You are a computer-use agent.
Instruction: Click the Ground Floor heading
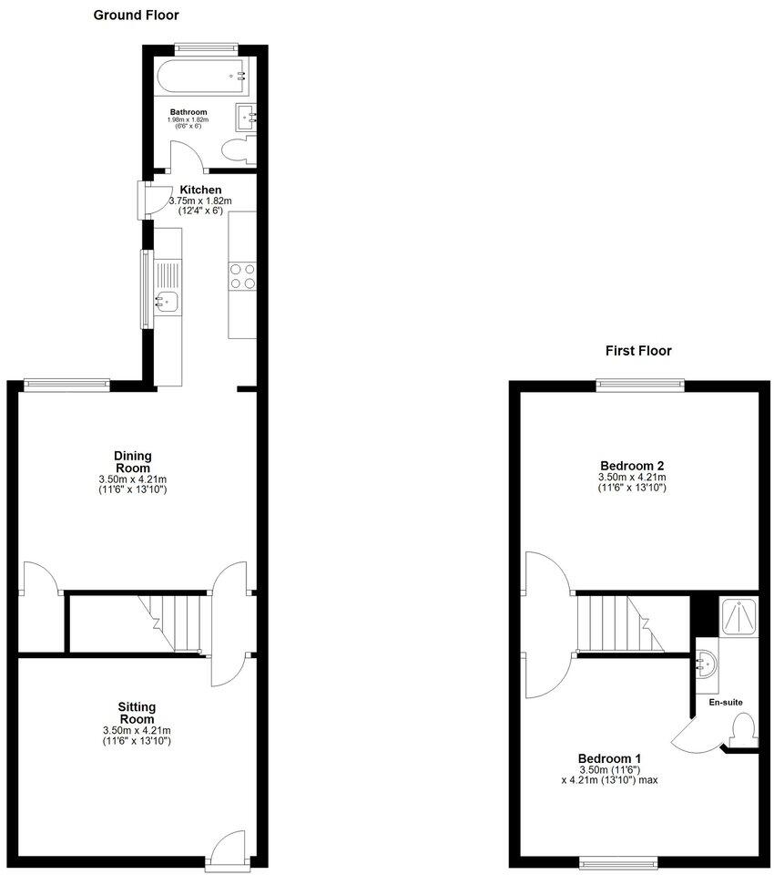(x=136, y=15)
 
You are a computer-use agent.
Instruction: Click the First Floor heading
(x=638, y=351)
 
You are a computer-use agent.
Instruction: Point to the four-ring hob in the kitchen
(x=242, y=275)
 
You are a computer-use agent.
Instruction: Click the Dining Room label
(x=133, y=462)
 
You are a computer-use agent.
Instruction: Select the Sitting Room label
(x=137, y=713)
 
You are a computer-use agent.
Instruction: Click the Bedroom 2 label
(x=631, y=466)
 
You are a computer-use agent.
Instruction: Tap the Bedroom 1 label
(x=610, y=758)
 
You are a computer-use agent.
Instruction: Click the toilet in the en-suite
(x=744, y=728)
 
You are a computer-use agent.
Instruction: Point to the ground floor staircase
(x=173, y=623)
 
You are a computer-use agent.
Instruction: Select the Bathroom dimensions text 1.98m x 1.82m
(x=188, y=119)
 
